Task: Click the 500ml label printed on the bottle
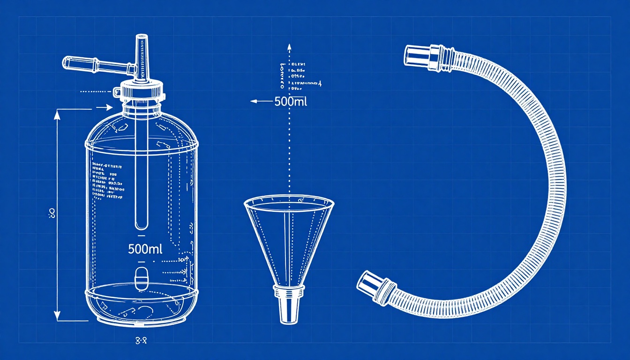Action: pos(145,249)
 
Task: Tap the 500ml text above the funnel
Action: pos(291,101)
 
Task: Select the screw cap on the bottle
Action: pos(142,91)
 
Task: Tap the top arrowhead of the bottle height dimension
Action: pos(58,113)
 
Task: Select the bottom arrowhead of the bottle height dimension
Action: pos(58,316)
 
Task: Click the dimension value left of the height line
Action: pos(52,214)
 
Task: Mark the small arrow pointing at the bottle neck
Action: pos(110,107)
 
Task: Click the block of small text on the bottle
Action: pos(107,181)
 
